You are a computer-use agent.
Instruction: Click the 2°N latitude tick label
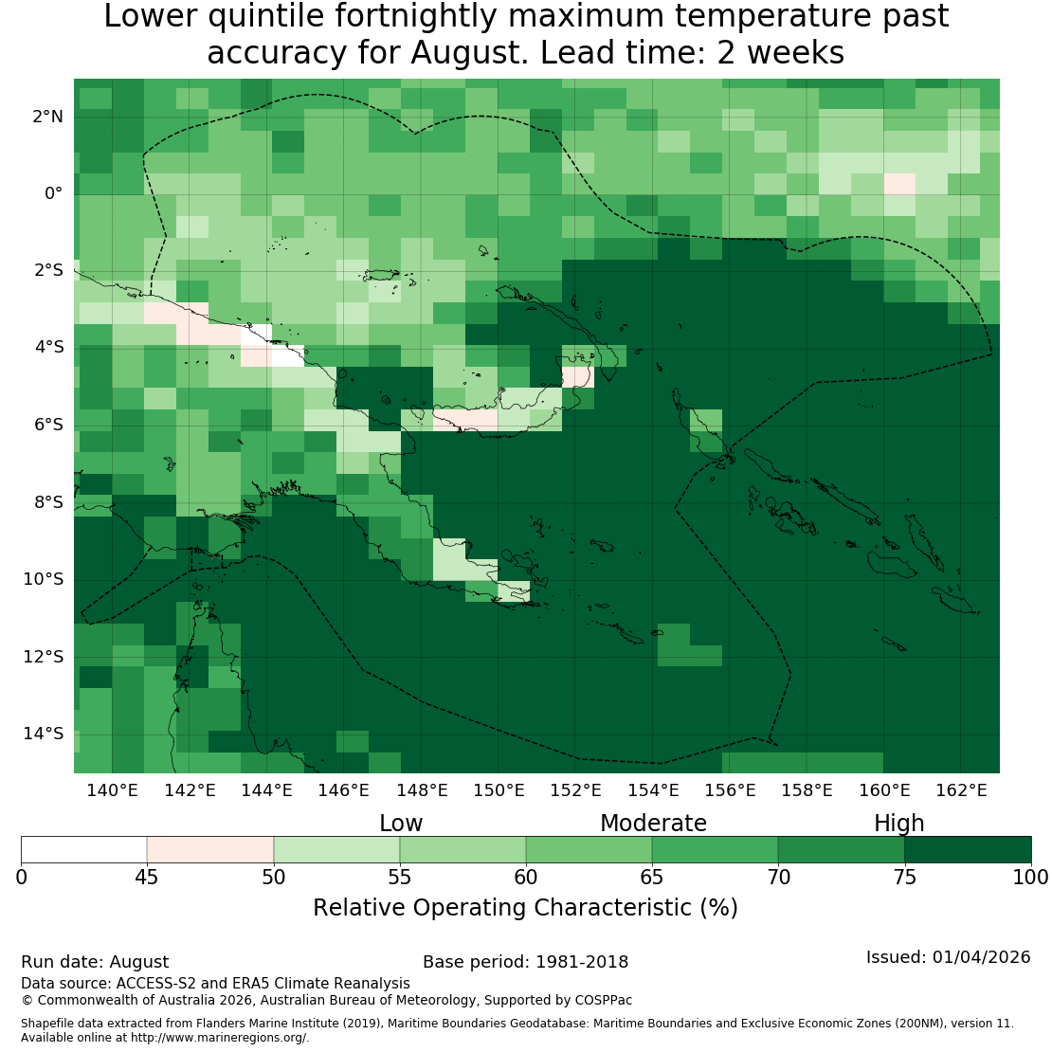pyautogui.click(x=47, y=117)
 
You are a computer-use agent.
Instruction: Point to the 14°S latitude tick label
pyautogui.click(x=44, y=734)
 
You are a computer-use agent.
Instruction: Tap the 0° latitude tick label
pyautogui.click(x=54, y=194)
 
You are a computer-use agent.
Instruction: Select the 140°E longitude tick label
pyautogui.click(x=112, y=790)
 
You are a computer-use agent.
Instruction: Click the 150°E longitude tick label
pyautogui.click(x=499, y=790)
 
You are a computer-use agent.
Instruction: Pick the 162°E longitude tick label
pyautogui.click(x=961, y=790)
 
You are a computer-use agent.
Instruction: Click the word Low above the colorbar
pyautogui.click(x=401, y=824)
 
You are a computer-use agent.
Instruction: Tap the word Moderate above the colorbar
pyautogui.click(x=654, y=824)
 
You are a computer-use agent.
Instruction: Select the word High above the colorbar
pyautogui.click(x=899, y=824)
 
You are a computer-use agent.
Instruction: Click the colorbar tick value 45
pyautogui.click(x=147, y=877)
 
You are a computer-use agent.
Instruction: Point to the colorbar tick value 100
pyautogui.click(x=1030, y=877)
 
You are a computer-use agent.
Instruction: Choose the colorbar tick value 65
pyautogui.click(x=651, y=877)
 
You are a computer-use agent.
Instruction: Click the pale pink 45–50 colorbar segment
pyautogui.click(x=210, y=849)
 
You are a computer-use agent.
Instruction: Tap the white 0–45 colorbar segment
pyautogui.click(x=83, y=849)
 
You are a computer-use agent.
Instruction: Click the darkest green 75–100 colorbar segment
pyautogui.click(x=969, y=849)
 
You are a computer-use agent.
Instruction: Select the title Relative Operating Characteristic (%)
pyautogui.click(x=525, y=908)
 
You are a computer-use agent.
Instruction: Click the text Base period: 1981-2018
pyautogui.click(x=525, y=962)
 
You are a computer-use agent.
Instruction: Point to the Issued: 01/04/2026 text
pyautogui.click(x=948, y=957)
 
